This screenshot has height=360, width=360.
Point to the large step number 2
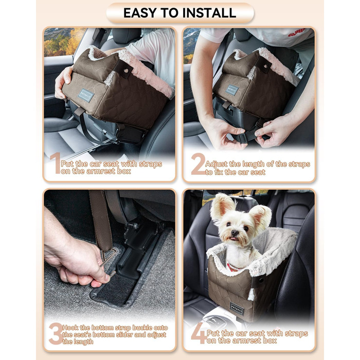click(x=197, y=165)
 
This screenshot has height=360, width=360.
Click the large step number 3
click(x=55, y=334)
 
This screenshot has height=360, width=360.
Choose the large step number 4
click(x=198, y=334)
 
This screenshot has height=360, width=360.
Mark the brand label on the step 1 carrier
click(x=86, y=95)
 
